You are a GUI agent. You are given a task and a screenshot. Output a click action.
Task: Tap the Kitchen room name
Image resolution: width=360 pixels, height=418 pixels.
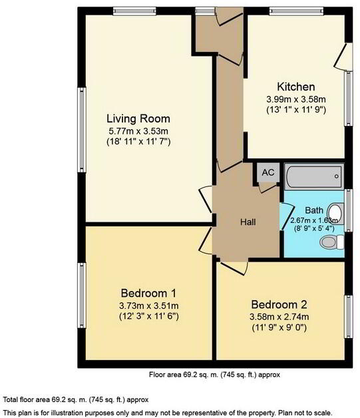pyautogui.click(x=296, y=87)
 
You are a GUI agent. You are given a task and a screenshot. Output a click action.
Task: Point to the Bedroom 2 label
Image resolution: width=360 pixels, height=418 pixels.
pyautogui.click(x=279, y=304)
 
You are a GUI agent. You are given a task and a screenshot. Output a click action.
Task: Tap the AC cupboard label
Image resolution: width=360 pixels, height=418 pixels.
pyautogui.click(x=268, y=172)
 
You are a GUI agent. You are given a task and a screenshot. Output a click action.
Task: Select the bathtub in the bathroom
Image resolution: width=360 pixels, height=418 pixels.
pyautogui.click(x=315, y=178)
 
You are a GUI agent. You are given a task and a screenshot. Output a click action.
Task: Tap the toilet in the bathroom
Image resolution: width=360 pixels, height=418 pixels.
pyautogui.click(x=330, y=242)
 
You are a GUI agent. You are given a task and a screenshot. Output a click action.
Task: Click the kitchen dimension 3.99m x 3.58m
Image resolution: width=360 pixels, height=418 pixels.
pyautogui.click(x=296, y=99)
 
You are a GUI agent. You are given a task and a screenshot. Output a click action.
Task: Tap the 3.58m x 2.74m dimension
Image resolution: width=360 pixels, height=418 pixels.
pyautogui.click(x=279, y=315)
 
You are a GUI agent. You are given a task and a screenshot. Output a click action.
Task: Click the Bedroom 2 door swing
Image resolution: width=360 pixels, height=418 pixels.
pyautogui.click(x=232, y=266)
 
